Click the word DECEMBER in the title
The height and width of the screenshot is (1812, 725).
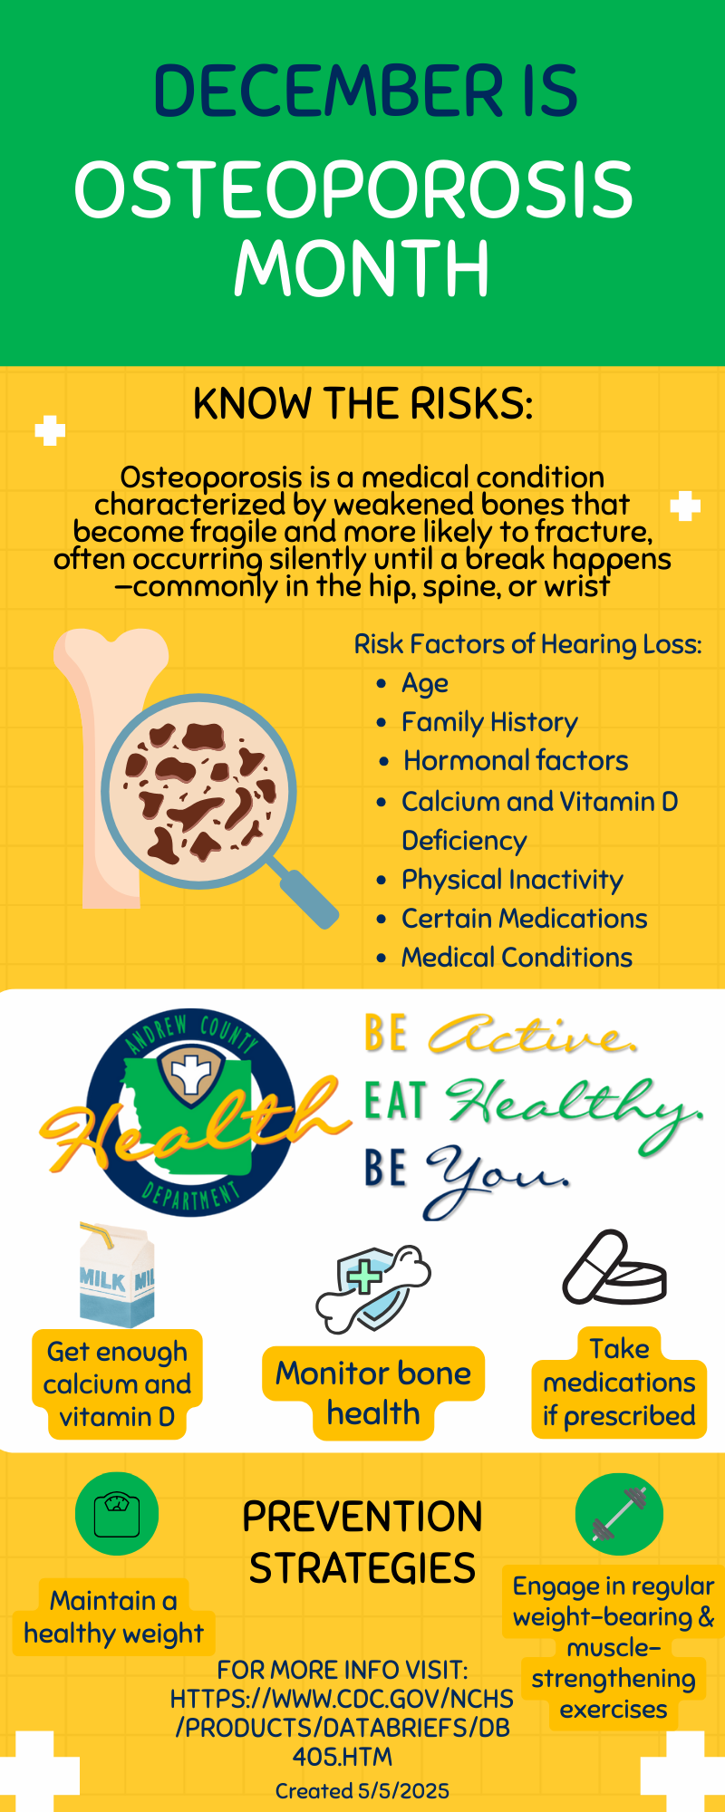(x=328, y=92)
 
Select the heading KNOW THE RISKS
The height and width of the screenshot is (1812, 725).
(x=362, y=403)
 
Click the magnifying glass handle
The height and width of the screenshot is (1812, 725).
(x=304, y=896)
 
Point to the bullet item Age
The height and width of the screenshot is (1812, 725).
(x=425, y=683)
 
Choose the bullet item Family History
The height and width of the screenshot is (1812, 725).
(x=489, y=722)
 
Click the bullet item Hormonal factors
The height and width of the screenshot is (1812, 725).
(x=516, y=760)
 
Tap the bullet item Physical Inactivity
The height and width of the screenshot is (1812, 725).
(x=512, y=879)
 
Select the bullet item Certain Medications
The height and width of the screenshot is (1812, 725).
(x=525, y=918)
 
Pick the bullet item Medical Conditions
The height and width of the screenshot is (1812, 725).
(x=517, y=957)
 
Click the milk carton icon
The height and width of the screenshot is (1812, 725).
(x=116, y=1276)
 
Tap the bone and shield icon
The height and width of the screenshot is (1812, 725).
(x=373, y=1288)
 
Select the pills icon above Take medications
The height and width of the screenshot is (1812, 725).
(x=614, y=1267)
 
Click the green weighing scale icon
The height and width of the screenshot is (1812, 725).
(x=117, y=1514)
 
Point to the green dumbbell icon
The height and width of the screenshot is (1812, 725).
(x=619, y=1514)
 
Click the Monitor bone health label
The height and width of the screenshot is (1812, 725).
(x=373, y=1393)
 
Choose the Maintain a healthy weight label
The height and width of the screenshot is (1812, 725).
(x=114, y=1616)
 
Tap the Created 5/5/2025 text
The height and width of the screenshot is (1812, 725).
(x=362, y=1790)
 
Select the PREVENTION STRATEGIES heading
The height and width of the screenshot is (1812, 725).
(x=362, y=1542)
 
